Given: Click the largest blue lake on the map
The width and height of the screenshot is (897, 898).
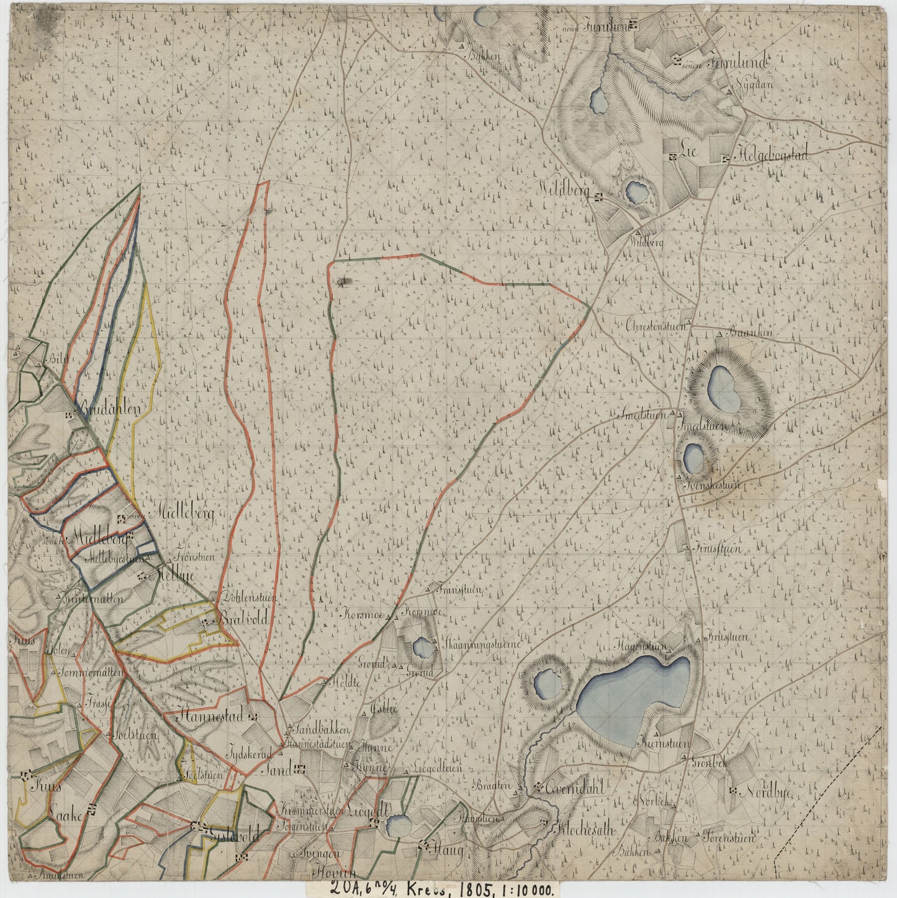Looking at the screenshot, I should (x=633, y=696).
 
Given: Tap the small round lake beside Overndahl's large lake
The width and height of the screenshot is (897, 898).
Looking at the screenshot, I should (x=549, y=683).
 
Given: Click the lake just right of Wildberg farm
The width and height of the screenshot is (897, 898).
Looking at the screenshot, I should (x=636, y=192).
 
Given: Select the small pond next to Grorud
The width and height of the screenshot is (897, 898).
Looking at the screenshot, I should (x=423, y=648).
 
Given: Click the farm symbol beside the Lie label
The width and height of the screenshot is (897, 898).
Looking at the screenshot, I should (x=673, y=158).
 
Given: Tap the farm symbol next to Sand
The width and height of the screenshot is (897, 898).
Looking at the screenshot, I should (x=301, y=769).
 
